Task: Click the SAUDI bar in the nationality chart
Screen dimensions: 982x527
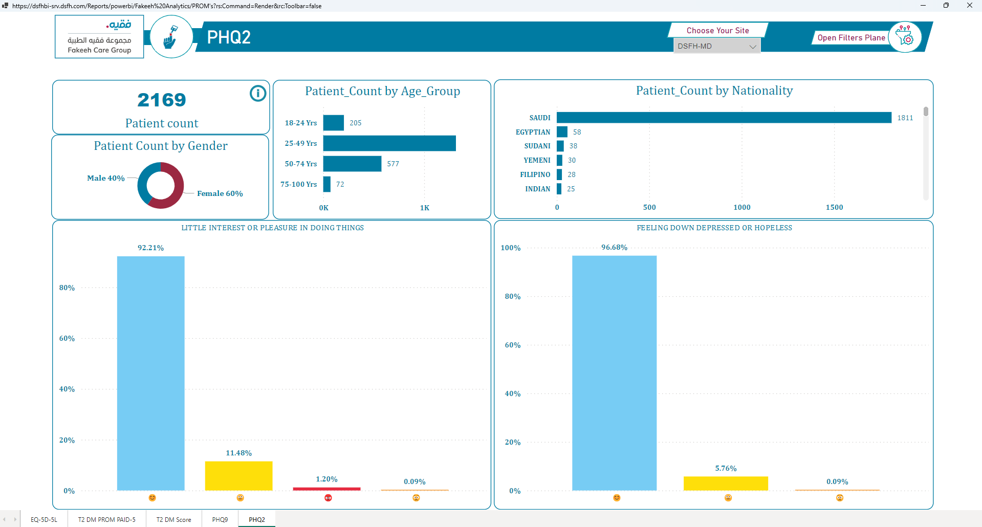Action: pos(724,118)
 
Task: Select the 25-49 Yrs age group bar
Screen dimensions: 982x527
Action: pos(389,143)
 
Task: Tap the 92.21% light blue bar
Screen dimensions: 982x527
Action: pos(151,374)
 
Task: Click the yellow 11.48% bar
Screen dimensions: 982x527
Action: pos(239,476)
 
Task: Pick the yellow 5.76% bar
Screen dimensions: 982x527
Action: pos(726,484)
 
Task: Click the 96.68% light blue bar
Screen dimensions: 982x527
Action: pos(614,373)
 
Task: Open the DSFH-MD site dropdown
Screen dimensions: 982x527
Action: pos(717,46)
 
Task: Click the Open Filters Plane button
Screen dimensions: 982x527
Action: pos(851,38)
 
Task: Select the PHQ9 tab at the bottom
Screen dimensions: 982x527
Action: pos(220,519)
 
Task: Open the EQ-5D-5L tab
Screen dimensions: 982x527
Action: pos(44,519)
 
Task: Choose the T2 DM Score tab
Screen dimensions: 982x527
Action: pos(174,519)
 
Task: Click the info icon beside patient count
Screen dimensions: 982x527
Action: pos(258,93)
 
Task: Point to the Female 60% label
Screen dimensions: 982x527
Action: pos(220,193)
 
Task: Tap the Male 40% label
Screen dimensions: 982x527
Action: pos(106,178)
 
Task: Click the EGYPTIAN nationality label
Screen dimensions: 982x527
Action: pos(533,132)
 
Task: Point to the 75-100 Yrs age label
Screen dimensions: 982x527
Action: pos(299,184)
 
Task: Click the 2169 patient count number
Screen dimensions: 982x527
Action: pos(162,100)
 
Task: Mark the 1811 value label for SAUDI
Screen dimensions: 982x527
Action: pos(905,118)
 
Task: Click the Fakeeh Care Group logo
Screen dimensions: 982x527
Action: pos(99,36)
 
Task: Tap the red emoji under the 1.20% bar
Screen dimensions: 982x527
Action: pos(329,498)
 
